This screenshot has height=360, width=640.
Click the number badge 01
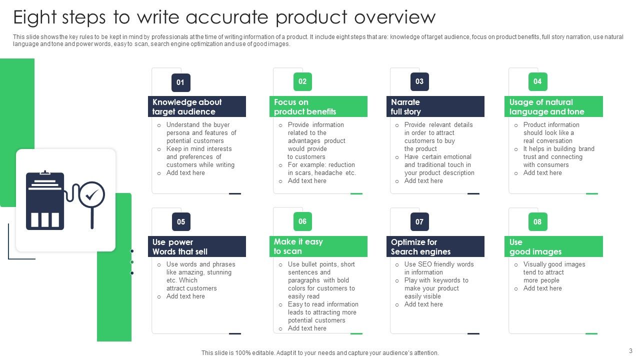[x=180, y=82]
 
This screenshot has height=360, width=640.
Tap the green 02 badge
[x=302, y=81]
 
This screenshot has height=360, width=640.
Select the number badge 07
[x=419, y=222]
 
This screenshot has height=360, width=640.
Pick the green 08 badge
[x=537, y=221]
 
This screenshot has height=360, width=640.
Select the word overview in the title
[x=394, y=17]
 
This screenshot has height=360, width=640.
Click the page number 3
[x=630, y=350]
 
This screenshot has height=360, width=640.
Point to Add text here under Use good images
[x=542, y=288]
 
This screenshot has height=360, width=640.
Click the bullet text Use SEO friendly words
[x=439, y=264]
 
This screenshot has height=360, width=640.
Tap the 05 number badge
[x=180, y=222]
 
